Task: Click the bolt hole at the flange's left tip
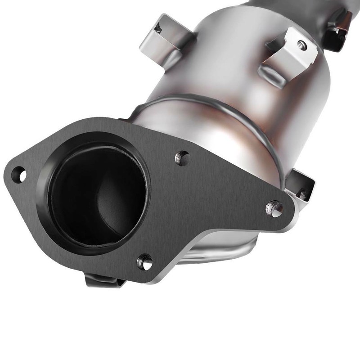[x=19, y=174]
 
